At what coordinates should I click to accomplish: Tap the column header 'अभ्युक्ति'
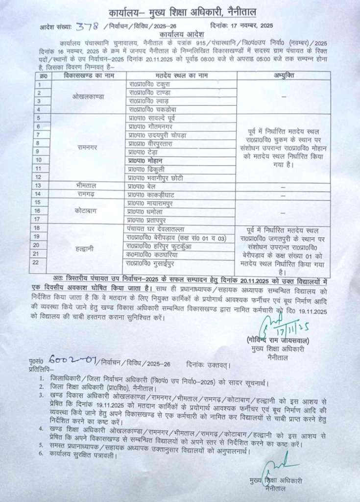(284, 75)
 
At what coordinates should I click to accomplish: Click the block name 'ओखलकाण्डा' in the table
(88, 96)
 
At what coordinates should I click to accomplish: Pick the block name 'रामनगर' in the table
(88, 147)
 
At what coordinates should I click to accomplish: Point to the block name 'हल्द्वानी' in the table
(88, 249)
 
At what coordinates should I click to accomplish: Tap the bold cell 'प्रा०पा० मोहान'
(146, 160)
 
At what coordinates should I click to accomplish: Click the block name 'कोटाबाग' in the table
(88, 211)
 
